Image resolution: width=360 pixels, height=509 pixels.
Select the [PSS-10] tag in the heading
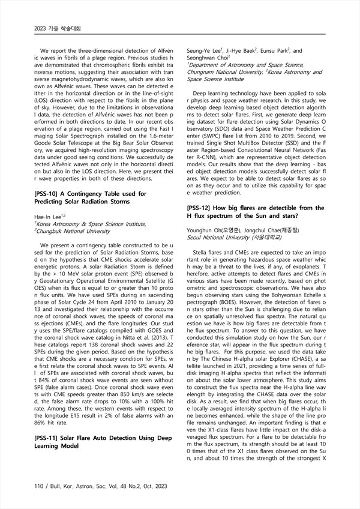tap(53, 194)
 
